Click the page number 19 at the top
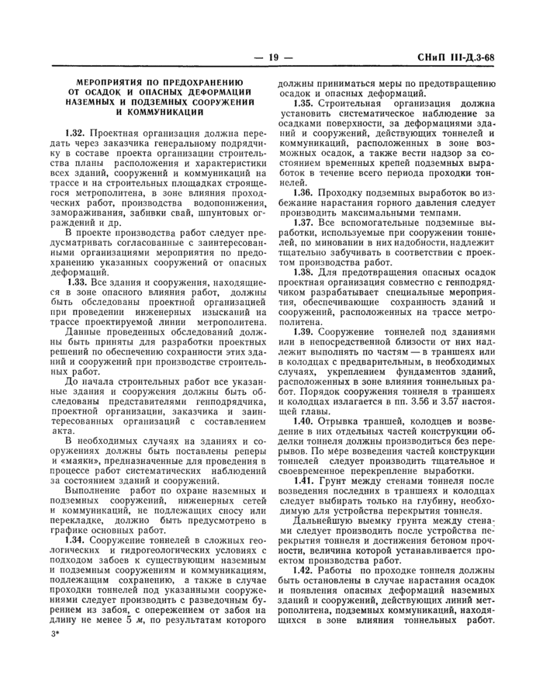pyautogui.click(x=272, y=56)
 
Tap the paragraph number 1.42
pyautogui.click(x=304, y=571)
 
